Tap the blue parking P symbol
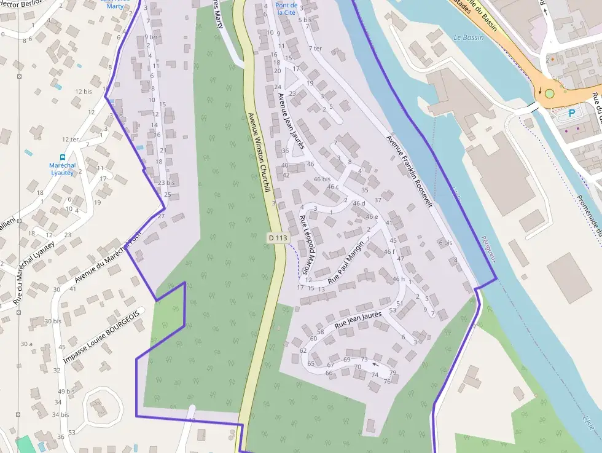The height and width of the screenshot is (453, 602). coord(572,113)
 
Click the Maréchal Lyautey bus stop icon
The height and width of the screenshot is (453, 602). coord(62,157)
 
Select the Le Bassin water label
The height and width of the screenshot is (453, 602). coord(468,37)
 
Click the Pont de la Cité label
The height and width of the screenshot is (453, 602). coord(286,9)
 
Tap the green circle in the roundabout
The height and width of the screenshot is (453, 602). coord(549,94)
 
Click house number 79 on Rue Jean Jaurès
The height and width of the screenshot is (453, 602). coord(393,373)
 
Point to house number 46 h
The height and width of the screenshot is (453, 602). coord(398,280)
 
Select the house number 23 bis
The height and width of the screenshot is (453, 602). coord(166,183)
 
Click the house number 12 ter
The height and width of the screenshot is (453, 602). coord(70,140)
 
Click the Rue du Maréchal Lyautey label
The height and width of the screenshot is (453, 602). coord(33,274)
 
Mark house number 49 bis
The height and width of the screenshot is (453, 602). coord(66,392)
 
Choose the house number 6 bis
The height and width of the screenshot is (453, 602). coord(445,243)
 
